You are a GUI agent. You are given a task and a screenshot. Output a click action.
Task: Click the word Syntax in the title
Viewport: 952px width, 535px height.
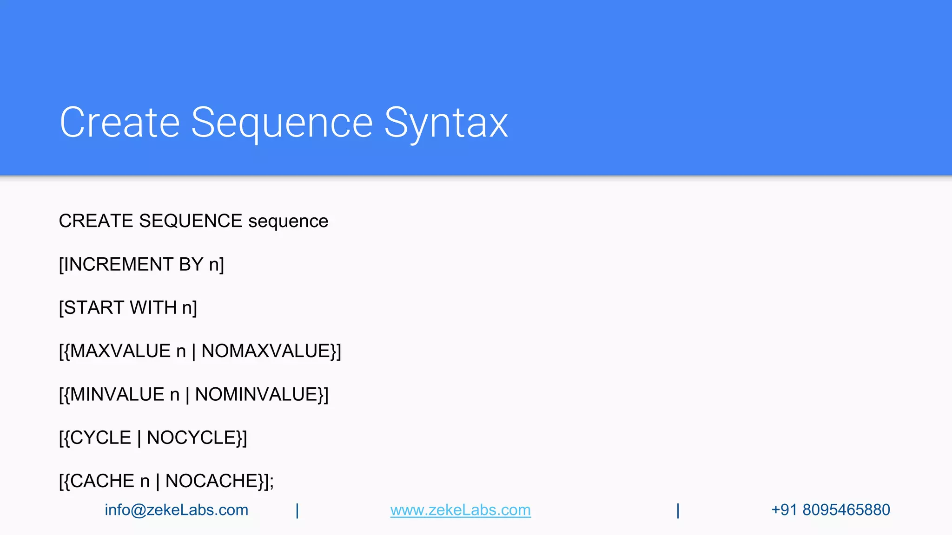[x=446, y=123]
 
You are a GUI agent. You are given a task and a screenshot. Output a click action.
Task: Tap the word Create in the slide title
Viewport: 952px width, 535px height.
[x=119, y=123]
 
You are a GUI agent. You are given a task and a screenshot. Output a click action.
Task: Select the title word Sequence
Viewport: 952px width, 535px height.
[x=282, y=123]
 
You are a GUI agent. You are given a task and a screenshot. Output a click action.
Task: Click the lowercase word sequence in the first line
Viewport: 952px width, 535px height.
[x=288, y=221]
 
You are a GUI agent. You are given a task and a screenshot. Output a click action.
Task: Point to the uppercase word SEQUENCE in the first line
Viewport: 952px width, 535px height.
[x=191, y=221]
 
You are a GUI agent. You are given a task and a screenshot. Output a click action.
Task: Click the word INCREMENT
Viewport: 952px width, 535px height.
[x=118, y=265]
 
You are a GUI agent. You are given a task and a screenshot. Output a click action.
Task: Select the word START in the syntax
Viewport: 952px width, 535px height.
[x=94, y=308]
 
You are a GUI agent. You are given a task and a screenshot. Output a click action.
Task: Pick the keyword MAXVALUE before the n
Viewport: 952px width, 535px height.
[x=120, y=351]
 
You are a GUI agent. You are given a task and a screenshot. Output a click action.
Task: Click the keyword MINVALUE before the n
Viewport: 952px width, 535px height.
[x=117, y=395]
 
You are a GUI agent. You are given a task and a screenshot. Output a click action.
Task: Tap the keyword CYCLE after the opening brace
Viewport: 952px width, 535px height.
[x=100, y=438]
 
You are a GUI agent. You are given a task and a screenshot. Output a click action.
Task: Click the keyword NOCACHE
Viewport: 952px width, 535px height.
[x=212, y=481]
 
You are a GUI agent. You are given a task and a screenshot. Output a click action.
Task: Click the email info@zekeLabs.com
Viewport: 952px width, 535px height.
[x=176, y=510]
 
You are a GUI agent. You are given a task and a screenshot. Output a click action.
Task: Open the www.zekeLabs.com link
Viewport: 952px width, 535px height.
[x=460, y=510]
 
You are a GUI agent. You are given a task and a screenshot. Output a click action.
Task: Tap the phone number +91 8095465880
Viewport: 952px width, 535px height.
[x=830, y=510]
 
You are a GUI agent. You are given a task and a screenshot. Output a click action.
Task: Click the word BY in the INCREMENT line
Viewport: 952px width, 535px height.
[x=191, y=265]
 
